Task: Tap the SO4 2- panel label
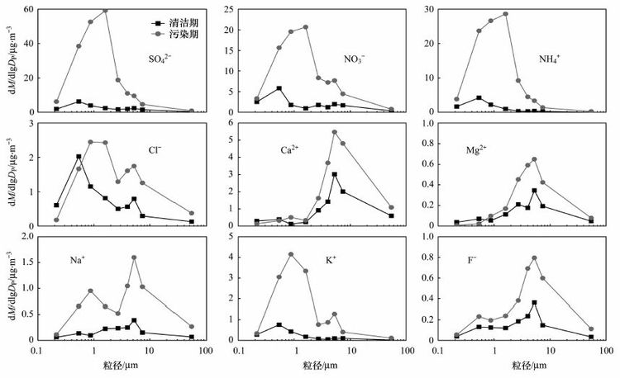click(x=162, y=60)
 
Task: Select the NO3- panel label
click(x=357, y=60)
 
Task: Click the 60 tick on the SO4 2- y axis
click(x=27, y=10)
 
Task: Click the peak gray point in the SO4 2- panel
click(x=105, y=10)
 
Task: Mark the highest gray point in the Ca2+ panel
click(x=335, y=132)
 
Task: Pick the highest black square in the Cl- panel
click(x=79, y=156)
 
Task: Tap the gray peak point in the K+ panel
click(x=291, y=254)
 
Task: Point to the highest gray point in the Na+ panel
click(x=134, y=258)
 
